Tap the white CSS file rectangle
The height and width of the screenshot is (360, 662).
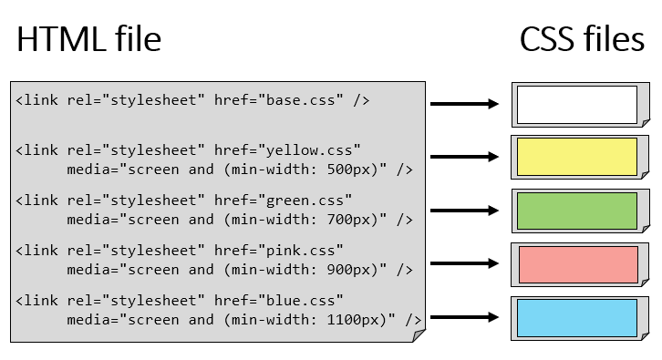click(576, 104)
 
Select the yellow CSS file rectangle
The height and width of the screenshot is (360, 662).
click(576, 156)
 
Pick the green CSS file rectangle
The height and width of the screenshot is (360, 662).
click(576, 211)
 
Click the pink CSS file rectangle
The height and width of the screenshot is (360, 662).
click(577, 264)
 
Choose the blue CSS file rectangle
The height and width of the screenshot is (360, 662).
click(576, 317)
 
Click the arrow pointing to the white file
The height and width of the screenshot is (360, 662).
click(464, 104)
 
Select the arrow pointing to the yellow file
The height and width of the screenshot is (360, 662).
click(464, 157)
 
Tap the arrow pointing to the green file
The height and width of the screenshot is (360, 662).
click(464, 211)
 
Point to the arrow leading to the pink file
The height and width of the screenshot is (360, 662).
click(464, 264)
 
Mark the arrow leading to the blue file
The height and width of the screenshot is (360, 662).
click(464, 317)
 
